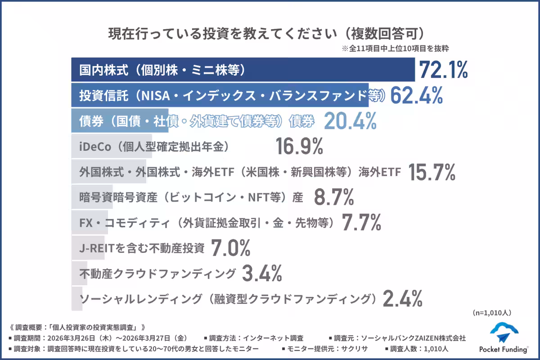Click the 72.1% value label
coord(444,70)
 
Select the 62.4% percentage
coord(417,95)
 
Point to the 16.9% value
coord(299,147)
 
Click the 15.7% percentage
coord(432,172)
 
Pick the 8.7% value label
coord(333,197)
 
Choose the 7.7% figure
coord(362,222)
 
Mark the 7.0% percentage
coord(230,247)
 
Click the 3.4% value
coord(262,273)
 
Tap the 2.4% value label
coord(402,298)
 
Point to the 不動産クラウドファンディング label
coord(157,273)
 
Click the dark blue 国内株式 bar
coord(243,70)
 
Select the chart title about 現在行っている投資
coord(267,34)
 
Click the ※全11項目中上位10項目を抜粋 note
coord(396,48)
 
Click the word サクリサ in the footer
coord(355,348)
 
